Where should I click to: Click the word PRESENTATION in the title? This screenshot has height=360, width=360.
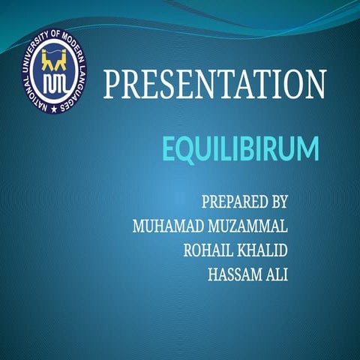coord(214,84)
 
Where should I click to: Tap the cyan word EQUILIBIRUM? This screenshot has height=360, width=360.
coord(240,148)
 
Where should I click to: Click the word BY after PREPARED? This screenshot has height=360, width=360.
coord(279,202)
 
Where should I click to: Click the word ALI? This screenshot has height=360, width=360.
coord(277,274)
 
